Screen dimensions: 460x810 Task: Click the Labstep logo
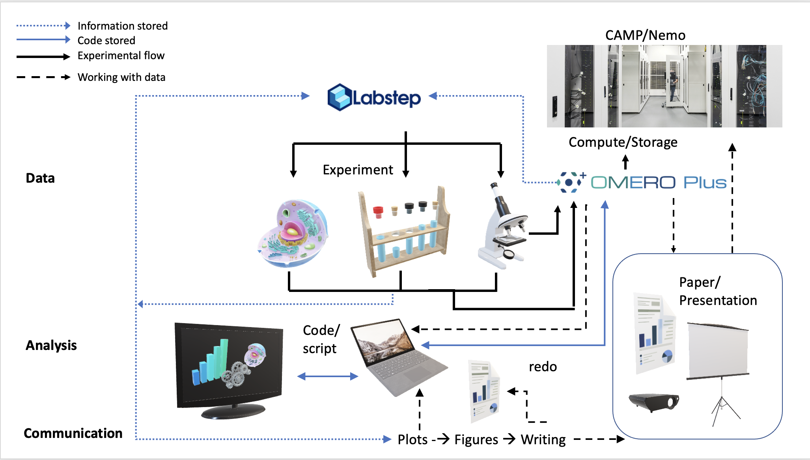374,97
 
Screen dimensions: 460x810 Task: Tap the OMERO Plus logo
643,182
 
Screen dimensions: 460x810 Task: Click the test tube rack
405,233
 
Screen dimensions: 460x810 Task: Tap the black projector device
654,402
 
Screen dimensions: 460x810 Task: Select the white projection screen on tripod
718,355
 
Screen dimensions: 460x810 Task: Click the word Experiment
358,170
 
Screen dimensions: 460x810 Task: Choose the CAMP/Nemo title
645,36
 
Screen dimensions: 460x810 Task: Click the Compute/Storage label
623,142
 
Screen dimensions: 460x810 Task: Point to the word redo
543,367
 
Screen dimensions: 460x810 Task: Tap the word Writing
543,439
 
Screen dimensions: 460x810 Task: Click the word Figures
476,439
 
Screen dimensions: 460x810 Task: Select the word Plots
412,439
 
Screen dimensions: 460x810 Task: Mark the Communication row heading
73,433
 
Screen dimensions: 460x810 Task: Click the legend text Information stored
123,26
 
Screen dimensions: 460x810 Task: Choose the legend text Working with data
121,77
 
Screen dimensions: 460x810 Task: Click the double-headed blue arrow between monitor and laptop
327,376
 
